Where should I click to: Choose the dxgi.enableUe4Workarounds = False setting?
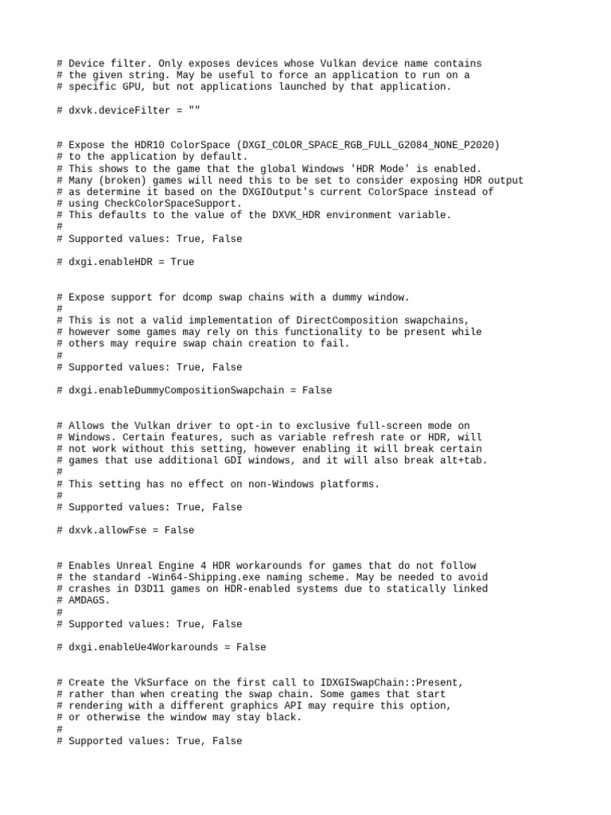pyautogui.click(x=159, y=647)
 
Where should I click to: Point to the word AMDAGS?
pyautogui.click(x=87, y=600)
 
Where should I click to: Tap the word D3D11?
pyautogui.click(x=138, y=589)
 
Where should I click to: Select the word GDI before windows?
pyautogui.click(x=224, y=460)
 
